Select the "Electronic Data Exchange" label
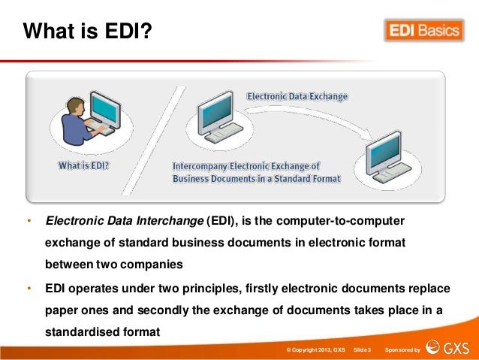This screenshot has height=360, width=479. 297,97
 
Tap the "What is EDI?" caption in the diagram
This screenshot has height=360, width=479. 83,165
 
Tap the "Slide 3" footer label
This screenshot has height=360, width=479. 362,350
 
